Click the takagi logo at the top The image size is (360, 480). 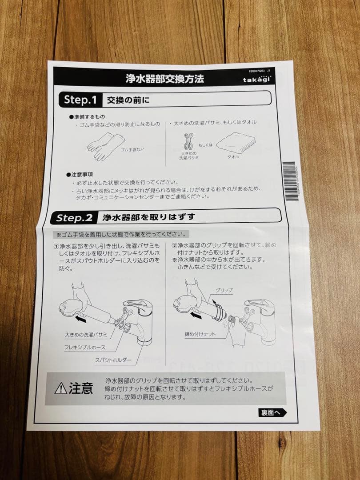(x=257, y=79)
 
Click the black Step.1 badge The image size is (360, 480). (x=80, y=100)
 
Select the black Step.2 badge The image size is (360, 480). (x=74, y=218)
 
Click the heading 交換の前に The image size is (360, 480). (x=128, y=100)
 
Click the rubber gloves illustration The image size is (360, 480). (x=103, y=145)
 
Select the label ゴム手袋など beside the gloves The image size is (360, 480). (x=132, y=150)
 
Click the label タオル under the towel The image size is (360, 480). (x=233, y=157)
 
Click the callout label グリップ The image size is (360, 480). (x=224, y=290)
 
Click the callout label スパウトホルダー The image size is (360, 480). (x=113, y=360)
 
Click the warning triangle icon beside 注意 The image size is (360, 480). (x=60, y=389)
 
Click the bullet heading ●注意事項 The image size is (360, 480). (x=80, y=175)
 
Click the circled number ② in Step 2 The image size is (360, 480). (x=175, y=246)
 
